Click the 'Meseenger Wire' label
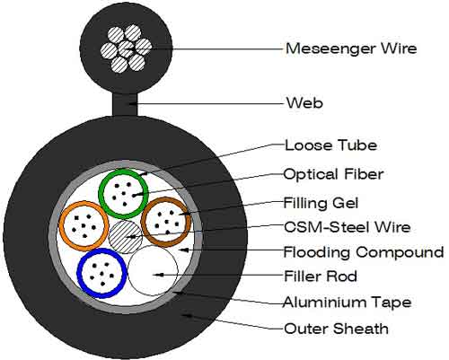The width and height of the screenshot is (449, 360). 351,48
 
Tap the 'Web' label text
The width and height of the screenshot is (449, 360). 304,103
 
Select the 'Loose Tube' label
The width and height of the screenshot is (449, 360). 330,145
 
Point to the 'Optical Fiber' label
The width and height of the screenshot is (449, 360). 333,174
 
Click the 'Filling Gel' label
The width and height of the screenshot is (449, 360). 321,203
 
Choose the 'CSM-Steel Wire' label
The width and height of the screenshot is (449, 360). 347,227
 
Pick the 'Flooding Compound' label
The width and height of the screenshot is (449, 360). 364,252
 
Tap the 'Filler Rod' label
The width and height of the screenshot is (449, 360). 321,276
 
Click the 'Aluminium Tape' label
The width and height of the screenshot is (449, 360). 348,302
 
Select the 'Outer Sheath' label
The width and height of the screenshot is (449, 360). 336,329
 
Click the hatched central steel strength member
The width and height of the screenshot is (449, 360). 125,237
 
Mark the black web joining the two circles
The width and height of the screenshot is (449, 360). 125,104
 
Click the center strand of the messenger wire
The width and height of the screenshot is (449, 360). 126,48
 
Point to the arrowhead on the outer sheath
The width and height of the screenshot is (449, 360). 187,315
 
